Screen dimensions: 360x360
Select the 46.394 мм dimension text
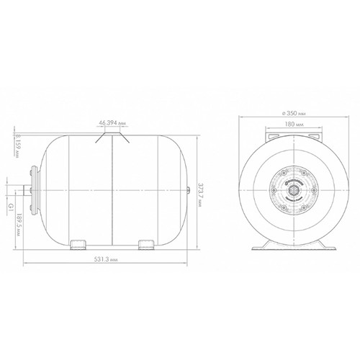pos(112,123)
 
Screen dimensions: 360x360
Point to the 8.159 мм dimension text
pos(17,145)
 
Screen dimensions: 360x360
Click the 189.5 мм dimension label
pos(19,225)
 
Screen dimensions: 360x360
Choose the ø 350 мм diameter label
pos(294,114)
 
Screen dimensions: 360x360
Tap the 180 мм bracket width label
pos(294,125)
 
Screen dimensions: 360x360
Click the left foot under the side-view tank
pos(78,245)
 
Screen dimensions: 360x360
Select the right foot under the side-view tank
pos(146,245)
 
